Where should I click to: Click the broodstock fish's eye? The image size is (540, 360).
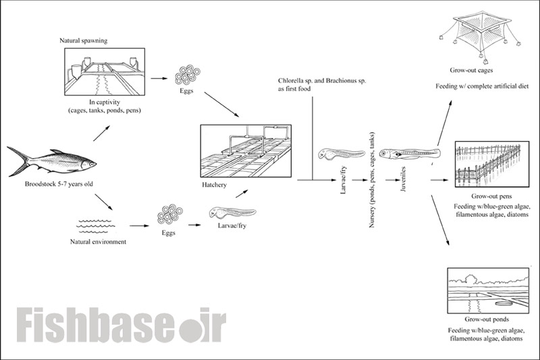(x=92, y=164)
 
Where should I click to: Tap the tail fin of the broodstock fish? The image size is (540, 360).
(x=18, y=161)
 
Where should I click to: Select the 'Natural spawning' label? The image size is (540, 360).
(x=83, y=41)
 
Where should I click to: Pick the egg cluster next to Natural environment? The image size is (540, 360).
(x=170, y=215)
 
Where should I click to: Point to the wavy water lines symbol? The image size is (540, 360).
(x=96, y=226)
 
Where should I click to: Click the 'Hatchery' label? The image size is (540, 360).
(x=214, y=185)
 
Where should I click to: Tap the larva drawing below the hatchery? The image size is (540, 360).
(x=232, y=213)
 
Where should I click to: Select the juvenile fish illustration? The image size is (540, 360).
(x=410, y=153)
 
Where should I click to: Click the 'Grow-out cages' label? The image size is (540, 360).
(x=471, y=70)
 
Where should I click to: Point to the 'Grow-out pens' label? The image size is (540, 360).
(x=491, y=197)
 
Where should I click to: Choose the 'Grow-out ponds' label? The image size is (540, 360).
(x=487, y=319)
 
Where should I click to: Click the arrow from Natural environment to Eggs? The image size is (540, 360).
(x=140, y=226)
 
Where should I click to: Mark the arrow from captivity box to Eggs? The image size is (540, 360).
(x=159, y=78)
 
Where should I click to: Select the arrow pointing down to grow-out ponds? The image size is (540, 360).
(x=440, y=220)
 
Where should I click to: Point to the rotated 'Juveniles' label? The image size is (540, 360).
(x=404, y=179)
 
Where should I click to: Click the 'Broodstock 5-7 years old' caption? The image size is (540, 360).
(x=59, y=184)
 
